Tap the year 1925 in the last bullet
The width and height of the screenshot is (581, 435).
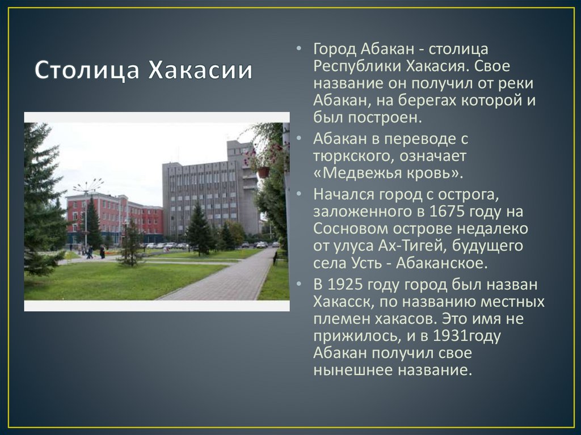[348, 284]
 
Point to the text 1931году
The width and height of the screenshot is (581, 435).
[467, 336]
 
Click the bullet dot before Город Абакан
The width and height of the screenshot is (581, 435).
[299, 49]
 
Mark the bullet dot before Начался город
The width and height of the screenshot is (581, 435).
[299, 195]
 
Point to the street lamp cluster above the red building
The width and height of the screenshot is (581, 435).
[88, 185]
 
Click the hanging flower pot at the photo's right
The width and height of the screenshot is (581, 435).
[263, 171]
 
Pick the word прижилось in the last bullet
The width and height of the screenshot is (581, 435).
[353, 336]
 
